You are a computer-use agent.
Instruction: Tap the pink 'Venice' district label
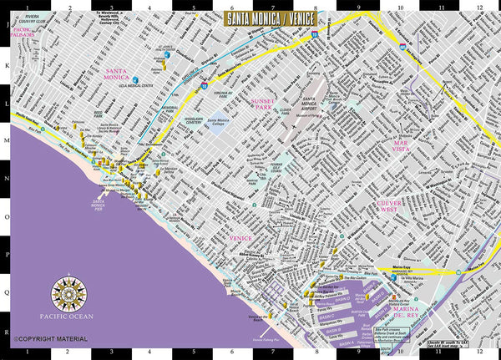click(x=240, y=238)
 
